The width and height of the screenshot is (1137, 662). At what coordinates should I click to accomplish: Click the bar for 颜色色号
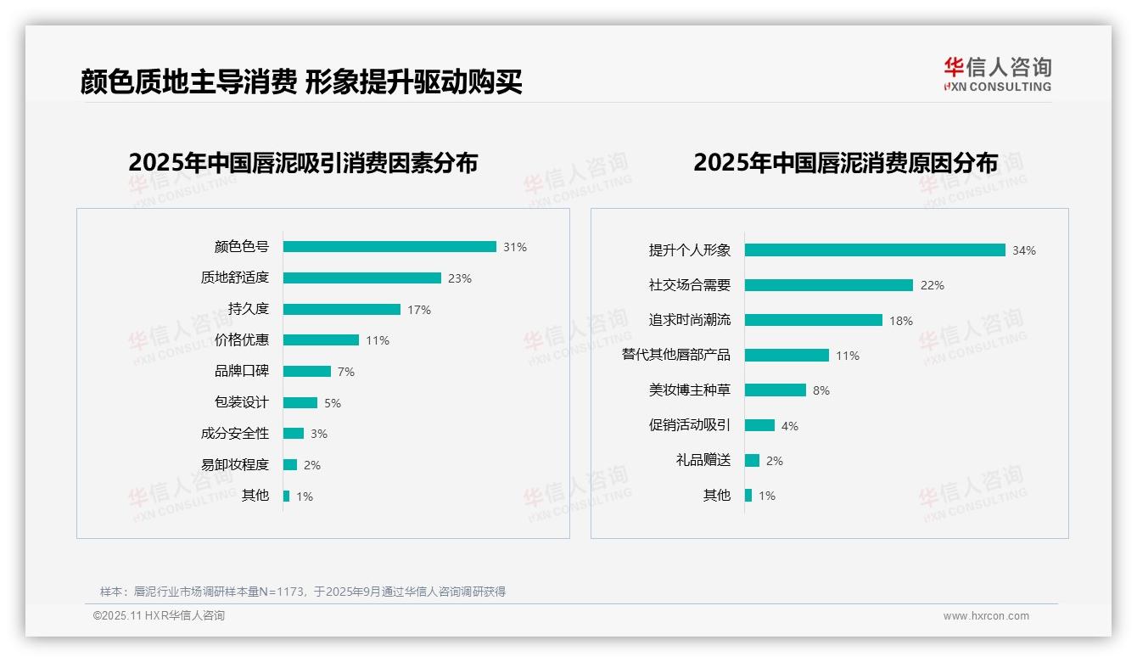tap(389, 247)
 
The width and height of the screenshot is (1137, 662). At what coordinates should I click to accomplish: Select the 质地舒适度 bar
tap(362, 278)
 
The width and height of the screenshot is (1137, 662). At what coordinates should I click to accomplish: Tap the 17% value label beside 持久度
tap(419, 310)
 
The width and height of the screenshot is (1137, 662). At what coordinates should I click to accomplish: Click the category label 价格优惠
tap(242, 340)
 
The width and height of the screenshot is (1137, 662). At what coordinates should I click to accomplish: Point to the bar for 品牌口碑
tap(307, 372)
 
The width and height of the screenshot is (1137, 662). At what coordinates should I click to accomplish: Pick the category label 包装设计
tap(242, 402)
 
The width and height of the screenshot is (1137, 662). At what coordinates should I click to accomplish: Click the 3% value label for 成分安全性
tap(318, 434)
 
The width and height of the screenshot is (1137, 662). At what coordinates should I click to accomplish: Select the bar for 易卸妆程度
tap(290, 465)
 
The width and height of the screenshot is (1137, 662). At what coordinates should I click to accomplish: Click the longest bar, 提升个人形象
tap(875, 250)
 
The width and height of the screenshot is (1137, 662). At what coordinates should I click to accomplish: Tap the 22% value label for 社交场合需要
tap(933, 285)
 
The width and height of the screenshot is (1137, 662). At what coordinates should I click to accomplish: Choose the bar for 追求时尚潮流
tap(814, 320)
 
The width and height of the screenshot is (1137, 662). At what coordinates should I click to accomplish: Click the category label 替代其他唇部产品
tap(676, 355)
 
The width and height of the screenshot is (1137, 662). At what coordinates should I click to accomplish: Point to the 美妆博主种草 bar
tap(776, 390)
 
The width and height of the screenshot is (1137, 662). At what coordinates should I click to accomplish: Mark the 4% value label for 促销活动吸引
tap(790, 426)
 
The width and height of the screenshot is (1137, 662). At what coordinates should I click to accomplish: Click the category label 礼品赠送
tap(703, 460)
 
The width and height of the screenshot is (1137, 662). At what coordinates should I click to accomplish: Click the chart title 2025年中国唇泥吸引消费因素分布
tap(303, 163)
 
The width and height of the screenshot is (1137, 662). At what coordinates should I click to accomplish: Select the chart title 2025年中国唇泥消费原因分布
tap(845, 163)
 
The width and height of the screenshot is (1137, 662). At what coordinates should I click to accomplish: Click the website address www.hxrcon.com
tap(986, 616)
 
